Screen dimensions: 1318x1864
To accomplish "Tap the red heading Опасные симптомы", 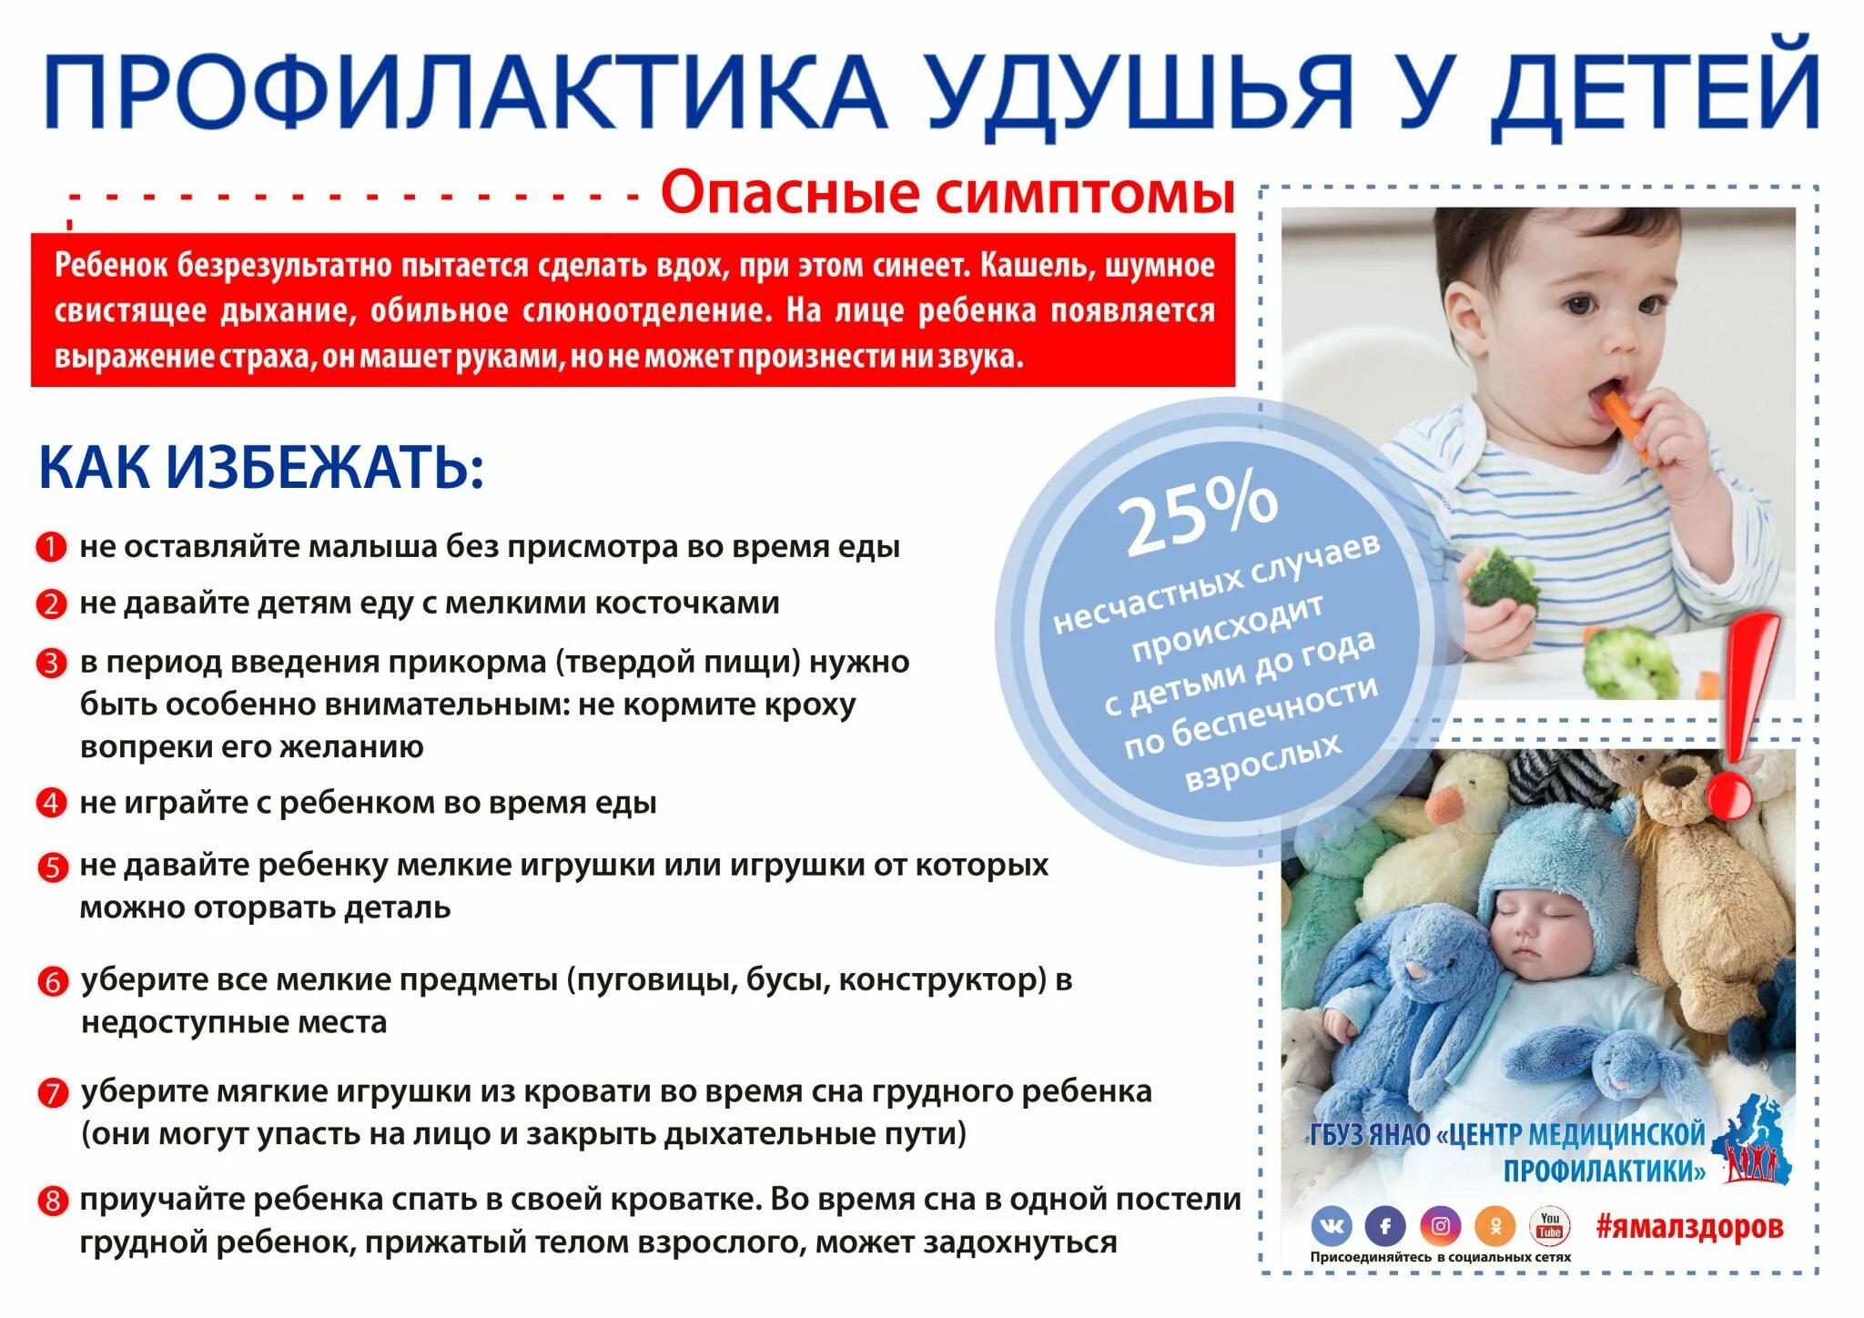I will (947, 193).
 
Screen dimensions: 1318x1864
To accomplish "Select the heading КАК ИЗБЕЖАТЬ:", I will (261, 468).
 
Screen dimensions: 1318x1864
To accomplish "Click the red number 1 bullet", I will (51, 547).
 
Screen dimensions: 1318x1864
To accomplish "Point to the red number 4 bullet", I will (51, 803).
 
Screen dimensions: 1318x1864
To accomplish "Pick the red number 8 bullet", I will (52, 1201).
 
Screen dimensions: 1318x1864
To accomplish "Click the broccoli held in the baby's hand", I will (1503, 578).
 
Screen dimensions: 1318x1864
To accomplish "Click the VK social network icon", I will (1332, 1226).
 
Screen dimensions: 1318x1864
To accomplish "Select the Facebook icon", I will (1385, 1226).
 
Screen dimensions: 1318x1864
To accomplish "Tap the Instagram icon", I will (1441, 1226).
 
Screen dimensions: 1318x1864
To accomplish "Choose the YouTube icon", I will (1550, 1225).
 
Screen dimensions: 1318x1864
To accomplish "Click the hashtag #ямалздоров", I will (1689, 1226).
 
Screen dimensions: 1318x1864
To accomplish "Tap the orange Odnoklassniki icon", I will (1495, 1226).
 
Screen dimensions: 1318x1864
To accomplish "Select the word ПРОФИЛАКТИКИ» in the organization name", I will (1604, 1171).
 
